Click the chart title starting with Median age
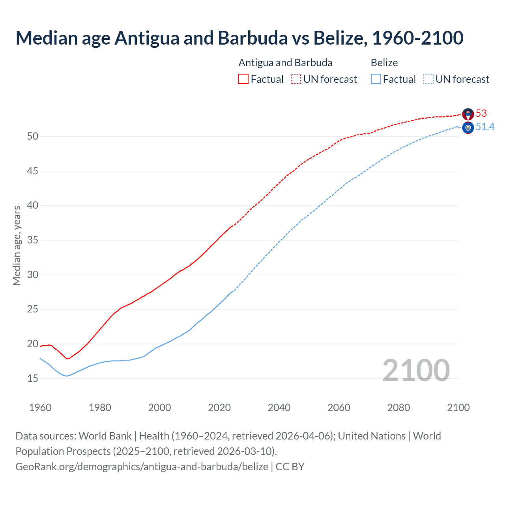[239, 38]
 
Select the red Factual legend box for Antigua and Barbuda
[243, 79]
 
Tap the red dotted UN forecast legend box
[296, 79]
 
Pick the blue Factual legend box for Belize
[376, 79]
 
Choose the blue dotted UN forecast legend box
[428, 79]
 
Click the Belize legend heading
[384, 63]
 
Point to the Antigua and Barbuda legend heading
[285, 63]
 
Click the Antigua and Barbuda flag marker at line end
[468, 114]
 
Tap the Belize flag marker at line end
[468, 127]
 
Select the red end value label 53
[481, 114]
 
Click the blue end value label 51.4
[485, 127]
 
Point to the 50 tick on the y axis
[33, 137]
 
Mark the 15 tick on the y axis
[33, 378]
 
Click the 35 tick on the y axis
[33, 240]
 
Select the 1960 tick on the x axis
[40, 408]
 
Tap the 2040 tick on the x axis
[279, 408]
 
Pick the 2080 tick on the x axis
[398, 408]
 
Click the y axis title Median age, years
[17, 245]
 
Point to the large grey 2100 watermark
[416, 370]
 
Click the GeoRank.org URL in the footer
[142, 467]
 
